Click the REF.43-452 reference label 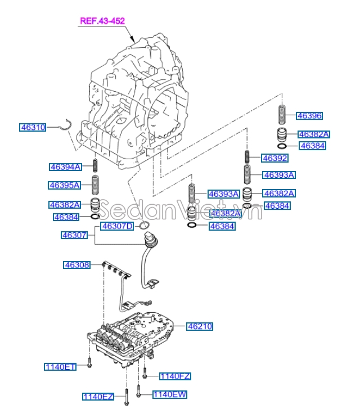tap(102, 21)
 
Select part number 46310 tap(33, 128)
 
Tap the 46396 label tap(309, 116)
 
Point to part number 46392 tap(275, 158)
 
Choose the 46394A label tap(65, 167)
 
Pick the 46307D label tap(117, 226)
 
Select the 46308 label tap(77, 264)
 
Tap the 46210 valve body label tap(200, 326)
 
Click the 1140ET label tap(60, 367)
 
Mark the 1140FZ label tap(175, 376)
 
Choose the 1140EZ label tap(98, 397)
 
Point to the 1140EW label tap(169, 395)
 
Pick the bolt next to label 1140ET tap(89, 363)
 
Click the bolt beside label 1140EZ tap(127, 396)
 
